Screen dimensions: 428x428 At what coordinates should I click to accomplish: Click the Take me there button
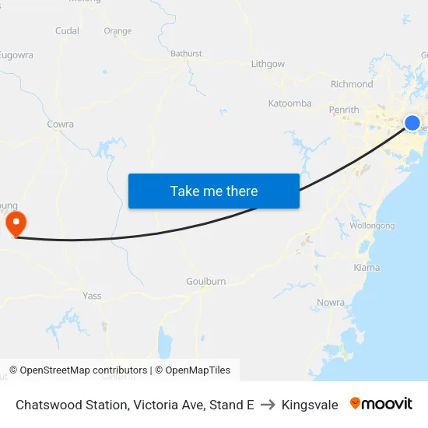214,191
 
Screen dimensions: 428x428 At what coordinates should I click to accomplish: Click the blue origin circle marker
412,123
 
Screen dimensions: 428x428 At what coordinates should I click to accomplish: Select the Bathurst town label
186,54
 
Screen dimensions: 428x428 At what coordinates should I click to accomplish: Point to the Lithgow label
268,64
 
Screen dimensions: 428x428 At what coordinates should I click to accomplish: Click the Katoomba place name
289,103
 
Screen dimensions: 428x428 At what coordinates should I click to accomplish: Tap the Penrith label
344,110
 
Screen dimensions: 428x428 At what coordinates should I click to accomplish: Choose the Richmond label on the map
352,84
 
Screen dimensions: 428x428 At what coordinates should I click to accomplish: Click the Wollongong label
372,226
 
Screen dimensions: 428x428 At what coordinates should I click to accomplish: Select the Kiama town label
367,267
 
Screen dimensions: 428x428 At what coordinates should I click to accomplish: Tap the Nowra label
331,302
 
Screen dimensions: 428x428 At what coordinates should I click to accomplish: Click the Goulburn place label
205,281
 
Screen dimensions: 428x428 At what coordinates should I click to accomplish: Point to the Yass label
92,296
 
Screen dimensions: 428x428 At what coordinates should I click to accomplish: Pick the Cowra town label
61,124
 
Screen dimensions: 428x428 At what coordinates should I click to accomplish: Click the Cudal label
68,31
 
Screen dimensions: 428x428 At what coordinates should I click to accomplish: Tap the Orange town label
118,31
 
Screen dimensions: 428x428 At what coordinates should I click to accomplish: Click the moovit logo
381,404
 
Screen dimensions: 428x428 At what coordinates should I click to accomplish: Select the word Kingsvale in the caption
310,405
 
